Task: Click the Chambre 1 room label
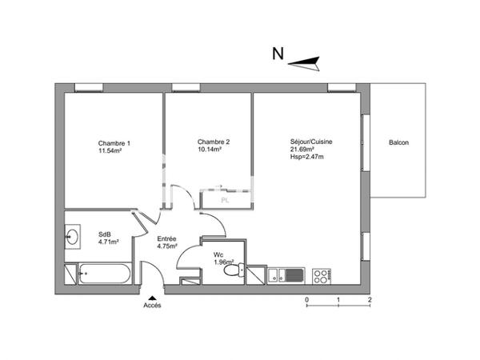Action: pos(114,143)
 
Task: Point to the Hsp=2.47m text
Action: pos(307,157)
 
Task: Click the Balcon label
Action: pos(398,143)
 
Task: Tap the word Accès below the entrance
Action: pos(152,305)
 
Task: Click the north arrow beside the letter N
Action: pos(305,60)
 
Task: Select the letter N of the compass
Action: pos(278,54)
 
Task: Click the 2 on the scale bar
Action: pos(370,299)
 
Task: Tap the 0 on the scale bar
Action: pos(307,299)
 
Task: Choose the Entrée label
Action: pos(166,238)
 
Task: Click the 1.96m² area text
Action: pos(223,262)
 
